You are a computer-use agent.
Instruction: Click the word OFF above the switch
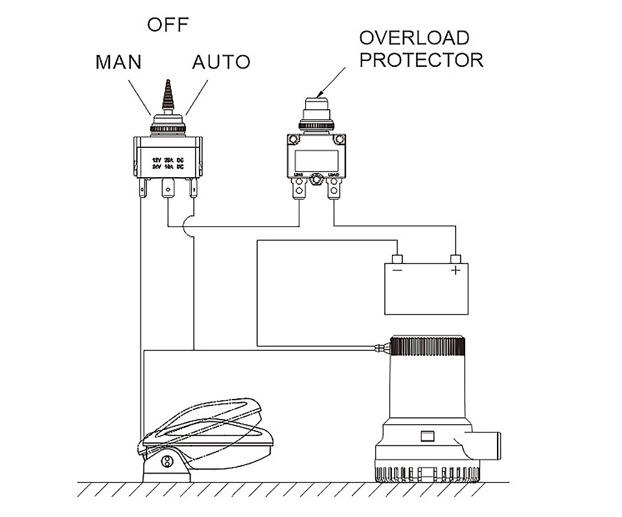pos(168,25)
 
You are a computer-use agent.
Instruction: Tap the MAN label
pos(119,62)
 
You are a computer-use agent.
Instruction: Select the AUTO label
pos(221,62)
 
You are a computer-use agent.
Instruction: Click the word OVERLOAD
pos(415,37)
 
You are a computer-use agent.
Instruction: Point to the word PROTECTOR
pos(422,60)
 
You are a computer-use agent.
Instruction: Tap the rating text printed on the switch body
pos(168,162)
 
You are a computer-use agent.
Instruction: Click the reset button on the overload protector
pos(316,106)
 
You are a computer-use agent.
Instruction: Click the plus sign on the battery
pos(455,270)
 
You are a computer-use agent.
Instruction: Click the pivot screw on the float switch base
pos(167,463)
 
